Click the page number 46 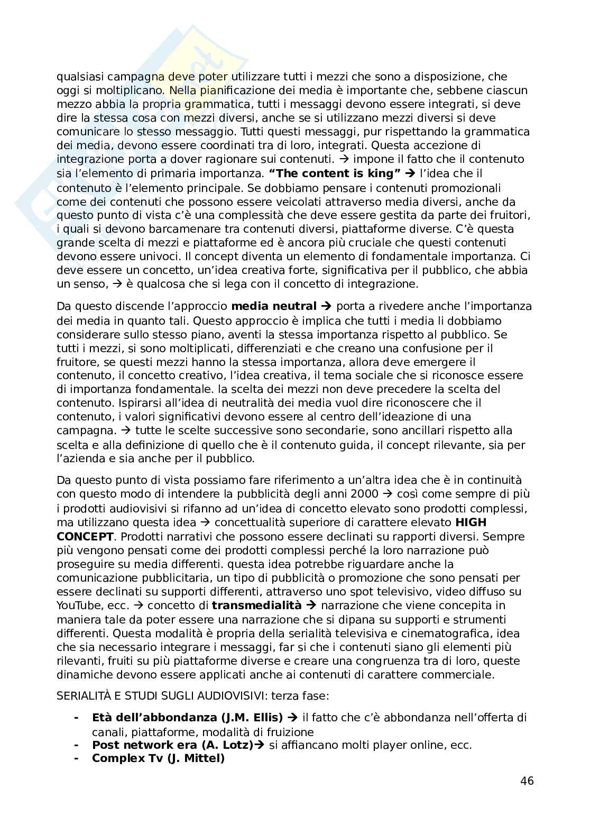[527, 781]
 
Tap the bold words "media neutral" [274, 306]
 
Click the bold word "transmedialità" [256, 605]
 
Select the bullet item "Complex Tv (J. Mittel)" [158, 758]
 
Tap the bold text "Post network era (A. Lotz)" [172, 745]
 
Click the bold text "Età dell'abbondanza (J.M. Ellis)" [187, 718]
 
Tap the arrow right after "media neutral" [326, 306]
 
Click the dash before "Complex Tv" [77, 758]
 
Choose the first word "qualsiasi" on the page [78, 77]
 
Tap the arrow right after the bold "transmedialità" [311, 605]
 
